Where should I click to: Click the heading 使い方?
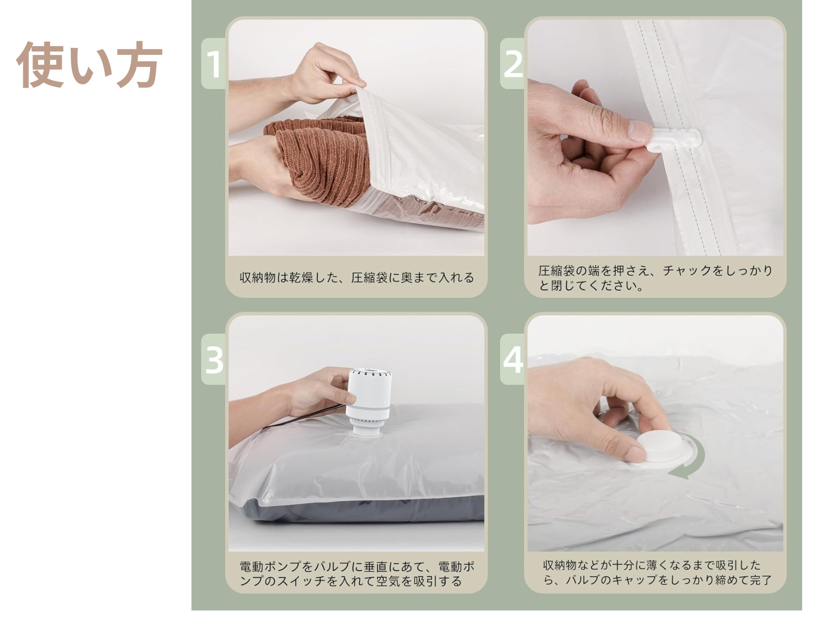(89, 65)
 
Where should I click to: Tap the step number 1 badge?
(214, 63)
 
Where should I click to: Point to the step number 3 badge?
(214, 359)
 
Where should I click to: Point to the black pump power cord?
(306, 417)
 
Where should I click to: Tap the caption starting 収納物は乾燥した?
(357, 277)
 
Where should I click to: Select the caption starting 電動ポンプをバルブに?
(357, 574)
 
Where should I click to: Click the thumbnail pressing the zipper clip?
(655, 138)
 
